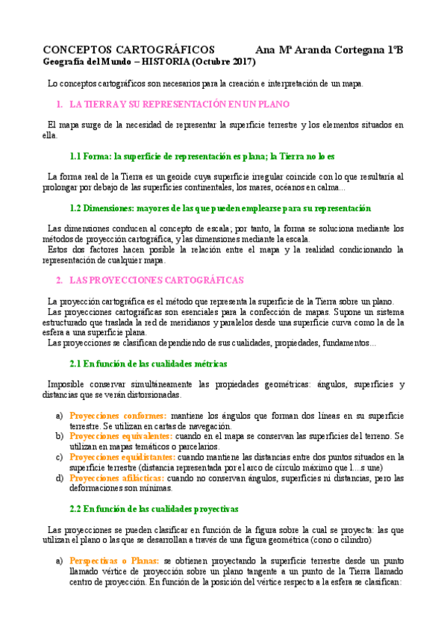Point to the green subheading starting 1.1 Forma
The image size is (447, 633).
click(201, 157)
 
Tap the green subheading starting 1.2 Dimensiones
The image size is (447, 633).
click(220, 208)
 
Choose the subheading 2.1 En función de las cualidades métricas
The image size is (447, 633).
click(149, 364)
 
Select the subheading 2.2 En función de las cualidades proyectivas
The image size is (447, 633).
click(154, 508)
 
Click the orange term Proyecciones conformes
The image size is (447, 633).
click(118, 416)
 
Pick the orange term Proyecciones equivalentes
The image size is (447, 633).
click(121, 435)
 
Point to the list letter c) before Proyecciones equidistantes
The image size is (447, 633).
click(60, 457)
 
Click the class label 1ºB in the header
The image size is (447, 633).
click(395, 49)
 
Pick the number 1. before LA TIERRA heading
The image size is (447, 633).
click(60, 105)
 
